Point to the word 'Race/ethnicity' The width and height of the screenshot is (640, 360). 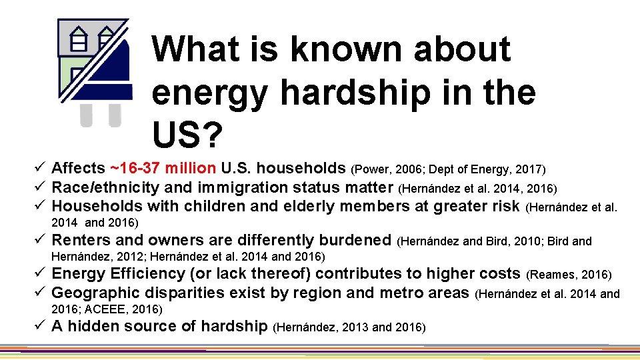click(105, 187)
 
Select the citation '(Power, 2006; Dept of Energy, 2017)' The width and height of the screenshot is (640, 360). click(448, 169)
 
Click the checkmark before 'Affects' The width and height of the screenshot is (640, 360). click(41, 167)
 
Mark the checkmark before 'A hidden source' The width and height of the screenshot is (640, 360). click(41, 326)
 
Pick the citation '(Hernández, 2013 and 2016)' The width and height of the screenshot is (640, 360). click(349, 327)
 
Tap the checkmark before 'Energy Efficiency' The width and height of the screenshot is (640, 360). click(41, 273)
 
